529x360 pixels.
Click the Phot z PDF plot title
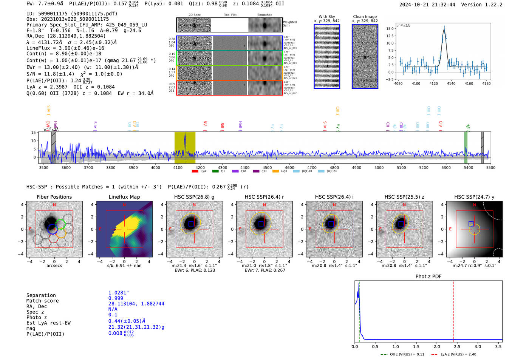[428, 276]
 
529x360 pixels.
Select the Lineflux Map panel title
[124, 197]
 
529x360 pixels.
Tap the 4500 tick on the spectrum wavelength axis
[267, 167]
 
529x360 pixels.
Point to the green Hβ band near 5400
[466, 147]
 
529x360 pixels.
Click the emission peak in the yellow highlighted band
[185, 134]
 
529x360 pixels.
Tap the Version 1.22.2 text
[482, 5]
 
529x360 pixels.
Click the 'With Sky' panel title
[326, 17]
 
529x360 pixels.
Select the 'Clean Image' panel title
[365, 17]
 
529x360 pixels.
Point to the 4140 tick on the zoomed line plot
[451, 83]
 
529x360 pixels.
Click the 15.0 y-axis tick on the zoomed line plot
[390, 29]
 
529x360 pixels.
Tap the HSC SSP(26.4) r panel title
[264, 197]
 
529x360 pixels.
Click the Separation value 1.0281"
[119, 293]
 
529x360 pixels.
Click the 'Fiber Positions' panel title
[54, 197]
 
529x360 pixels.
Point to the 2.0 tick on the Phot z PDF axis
[437, 346]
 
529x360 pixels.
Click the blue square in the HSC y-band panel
[471, 224]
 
